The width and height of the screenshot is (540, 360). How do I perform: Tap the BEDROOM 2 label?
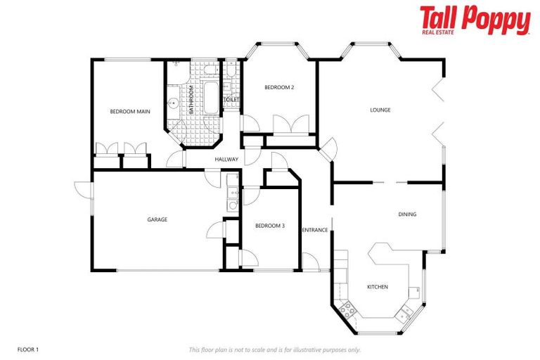point(278,87)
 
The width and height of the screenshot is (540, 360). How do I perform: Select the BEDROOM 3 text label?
point(269,225)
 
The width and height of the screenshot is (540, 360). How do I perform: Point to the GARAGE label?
point(157,219)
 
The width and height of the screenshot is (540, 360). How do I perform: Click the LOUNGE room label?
point(380,110)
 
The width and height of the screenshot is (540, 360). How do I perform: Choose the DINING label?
point(407,214)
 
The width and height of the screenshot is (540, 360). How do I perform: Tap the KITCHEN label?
point(378,287)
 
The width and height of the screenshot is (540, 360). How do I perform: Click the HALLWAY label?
point(226,160)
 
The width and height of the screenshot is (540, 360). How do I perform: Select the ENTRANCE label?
point(315,230)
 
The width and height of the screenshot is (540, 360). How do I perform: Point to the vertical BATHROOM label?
point(190,99)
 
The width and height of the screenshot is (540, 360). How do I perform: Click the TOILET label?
point(231,100)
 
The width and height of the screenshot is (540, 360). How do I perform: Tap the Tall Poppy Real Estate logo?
point(475,20)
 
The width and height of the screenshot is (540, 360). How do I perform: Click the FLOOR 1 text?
point(29,349)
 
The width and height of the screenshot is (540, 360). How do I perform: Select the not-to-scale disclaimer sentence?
point(275,349)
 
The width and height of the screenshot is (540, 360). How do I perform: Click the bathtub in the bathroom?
point(211,96)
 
